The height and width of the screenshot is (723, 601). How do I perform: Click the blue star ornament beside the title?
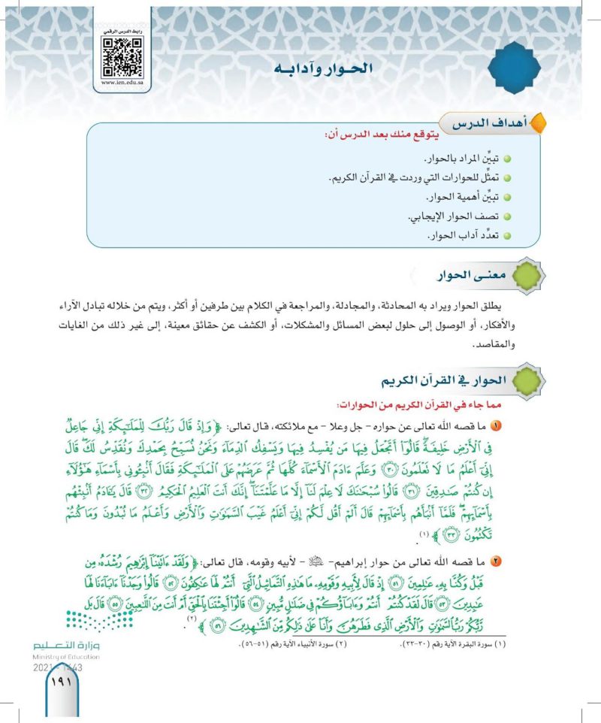coord(520,67)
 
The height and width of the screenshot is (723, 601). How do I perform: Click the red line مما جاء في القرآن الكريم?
coord(420,405)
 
